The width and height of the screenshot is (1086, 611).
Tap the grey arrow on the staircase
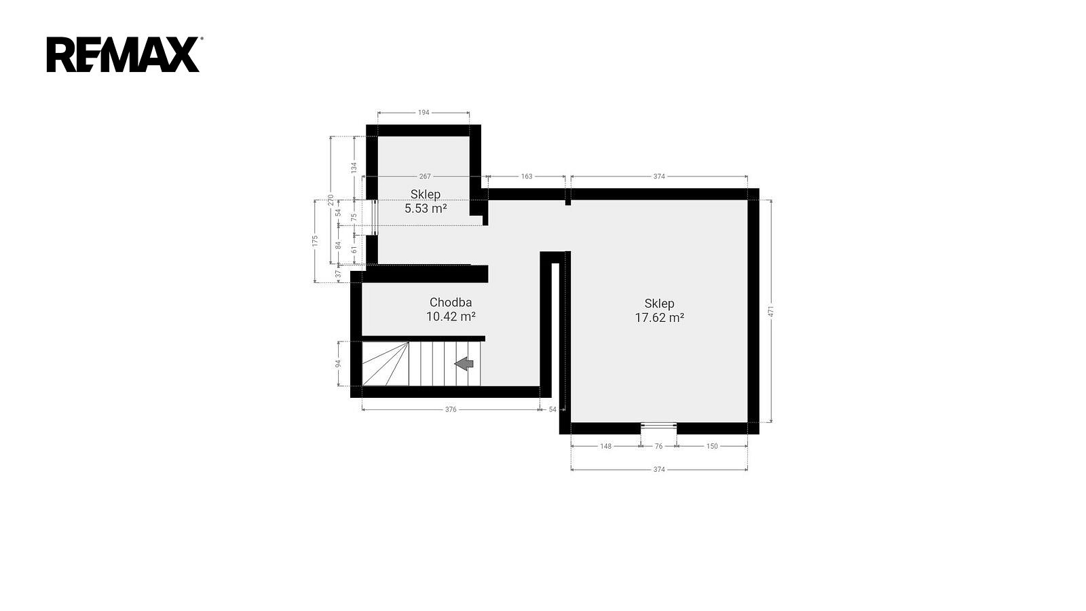tap(464, 363)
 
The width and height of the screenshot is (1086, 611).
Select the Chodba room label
tap(451, 302)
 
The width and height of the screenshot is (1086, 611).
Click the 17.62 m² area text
tap(659, 318)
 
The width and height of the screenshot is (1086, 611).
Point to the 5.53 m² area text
tap(426, 208)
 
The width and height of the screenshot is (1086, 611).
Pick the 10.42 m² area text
tap(451, 316)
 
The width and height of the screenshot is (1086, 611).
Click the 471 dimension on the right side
tap(771, 312)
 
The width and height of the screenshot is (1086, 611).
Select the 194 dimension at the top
tap(424, 113)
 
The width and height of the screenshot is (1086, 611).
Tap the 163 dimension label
tap(527, 177)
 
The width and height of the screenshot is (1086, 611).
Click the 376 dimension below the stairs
tap(451, 410)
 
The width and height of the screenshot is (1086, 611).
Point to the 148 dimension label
tap(606, 446)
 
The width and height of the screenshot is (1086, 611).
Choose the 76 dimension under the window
tap(658, 446)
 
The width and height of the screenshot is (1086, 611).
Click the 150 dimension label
tap(712, 446)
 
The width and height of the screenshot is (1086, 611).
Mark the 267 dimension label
tap(425, 177)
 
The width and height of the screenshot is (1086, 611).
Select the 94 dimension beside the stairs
tap(339, 363)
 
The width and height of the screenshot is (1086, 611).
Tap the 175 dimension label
tap(315, 241)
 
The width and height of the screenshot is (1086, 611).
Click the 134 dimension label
tap(354, 168)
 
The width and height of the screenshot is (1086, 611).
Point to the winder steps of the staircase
tap(386, 364)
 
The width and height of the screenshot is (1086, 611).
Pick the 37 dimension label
tap(339, 274)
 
